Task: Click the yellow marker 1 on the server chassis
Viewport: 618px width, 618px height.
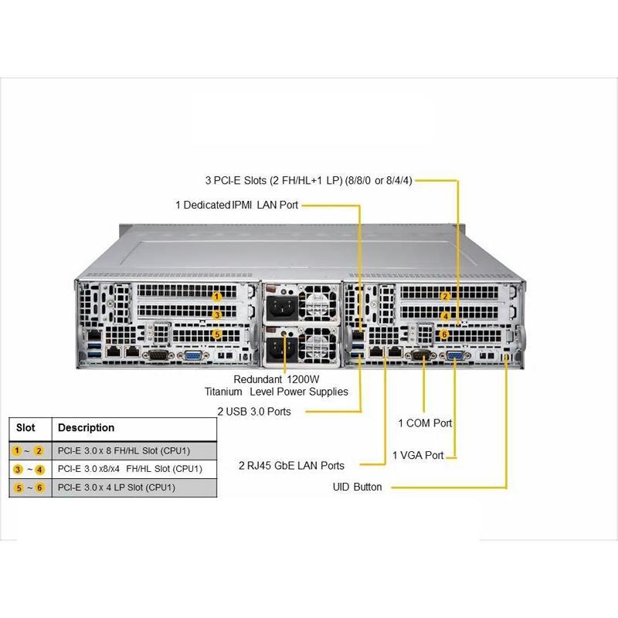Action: pyautogui.click(x=217, y=297)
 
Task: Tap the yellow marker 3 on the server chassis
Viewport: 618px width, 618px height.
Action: pyautogui.click(x=217, y=315)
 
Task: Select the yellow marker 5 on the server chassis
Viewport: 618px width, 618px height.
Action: pyautogui.click(x=217, y=334)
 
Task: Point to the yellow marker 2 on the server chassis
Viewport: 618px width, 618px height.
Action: pyautogui.click(x=445, y=297)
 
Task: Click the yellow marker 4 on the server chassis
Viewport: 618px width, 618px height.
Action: pyautogui.click(x=445, y=316)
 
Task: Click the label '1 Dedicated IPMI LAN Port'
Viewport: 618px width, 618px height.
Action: pyautogui.click(x=236, y=205)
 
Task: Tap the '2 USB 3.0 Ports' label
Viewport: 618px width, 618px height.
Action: pyautogui.click(x=254, y=412)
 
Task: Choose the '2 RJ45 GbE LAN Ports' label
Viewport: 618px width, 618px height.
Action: pyautogui.click(x=291, y=465)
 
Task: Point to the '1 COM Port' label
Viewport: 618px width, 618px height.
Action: pyautogui.click(x=425, y=423)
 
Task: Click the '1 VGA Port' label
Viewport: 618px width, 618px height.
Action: pyautogui.click(x=418, y=456)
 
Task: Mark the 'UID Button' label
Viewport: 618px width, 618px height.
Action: pyautogui.click(x=357, y=487)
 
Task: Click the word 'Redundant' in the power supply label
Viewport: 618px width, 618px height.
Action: pyautogui.click(x=258, y=379)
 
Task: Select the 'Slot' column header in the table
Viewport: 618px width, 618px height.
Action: pyautogui.click(x=25, y=428)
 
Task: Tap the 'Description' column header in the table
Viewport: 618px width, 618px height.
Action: pyautogui.click(x=86, y=428)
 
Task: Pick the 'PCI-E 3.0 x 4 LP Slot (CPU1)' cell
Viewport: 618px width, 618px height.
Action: pyautogui.click(x=117, y=487)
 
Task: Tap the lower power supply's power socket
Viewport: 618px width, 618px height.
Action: pyautogui.click(x=279, y=350)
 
